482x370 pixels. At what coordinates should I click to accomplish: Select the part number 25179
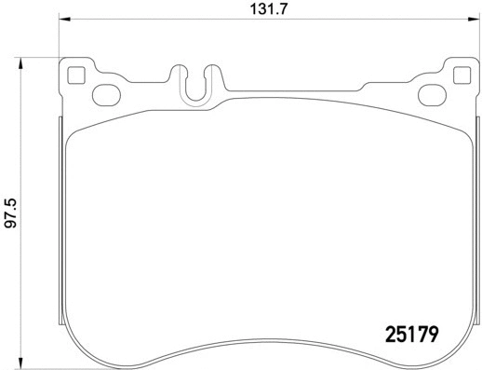pos(411,331)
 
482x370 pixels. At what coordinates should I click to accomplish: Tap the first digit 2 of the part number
pos(392,331)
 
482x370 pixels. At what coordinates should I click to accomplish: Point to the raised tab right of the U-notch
pos(213,75)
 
